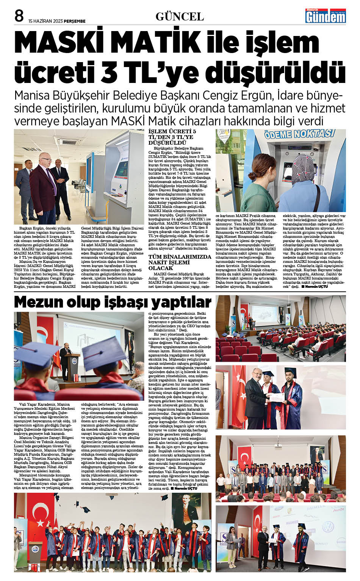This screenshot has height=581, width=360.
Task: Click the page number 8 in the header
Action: click(19, 16)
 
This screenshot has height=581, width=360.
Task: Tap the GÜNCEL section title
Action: click(180, 17)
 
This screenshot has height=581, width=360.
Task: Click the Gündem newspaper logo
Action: click(326, 16)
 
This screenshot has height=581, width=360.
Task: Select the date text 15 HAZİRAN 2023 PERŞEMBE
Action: click(57, 21)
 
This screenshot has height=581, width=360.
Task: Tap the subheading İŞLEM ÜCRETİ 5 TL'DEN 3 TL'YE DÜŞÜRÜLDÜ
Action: click(171, 137)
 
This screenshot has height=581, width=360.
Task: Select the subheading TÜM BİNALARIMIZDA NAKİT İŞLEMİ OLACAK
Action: click(180, 262)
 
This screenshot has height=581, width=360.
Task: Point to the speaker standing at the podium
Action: click(67, 361)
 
